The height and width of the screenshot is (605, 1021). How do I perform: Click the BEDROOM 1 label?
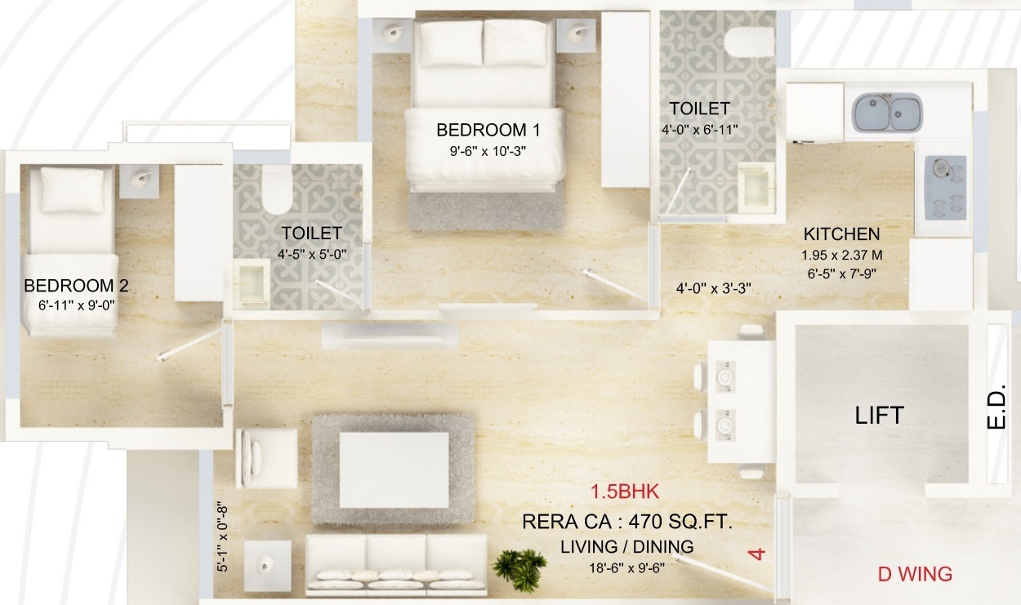(488, 130)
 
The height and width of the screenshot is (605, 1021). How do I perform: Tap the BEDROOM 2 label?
(76, 286)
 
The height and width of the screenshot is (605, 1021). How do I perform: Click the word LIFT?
(879, 415)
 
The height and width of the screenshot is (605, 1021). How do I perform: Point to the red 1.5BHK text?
(624, 492)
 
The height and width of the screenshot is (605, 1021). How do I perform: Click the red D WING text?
(915, 574)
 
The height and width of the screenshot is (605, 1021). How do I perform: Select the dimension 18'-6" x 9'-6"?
(627, 569)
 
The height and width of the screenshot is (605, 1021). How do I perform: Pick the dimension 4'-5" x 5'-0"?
(312, 254)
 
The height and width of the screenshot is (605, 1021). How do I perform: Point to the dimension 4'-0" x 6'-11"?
(699, 129)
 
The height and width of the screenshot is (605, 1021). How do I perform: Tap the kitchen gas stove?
(945, 188)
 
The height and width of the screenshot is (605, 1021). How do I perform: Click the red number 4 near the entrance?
(758, 554)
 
